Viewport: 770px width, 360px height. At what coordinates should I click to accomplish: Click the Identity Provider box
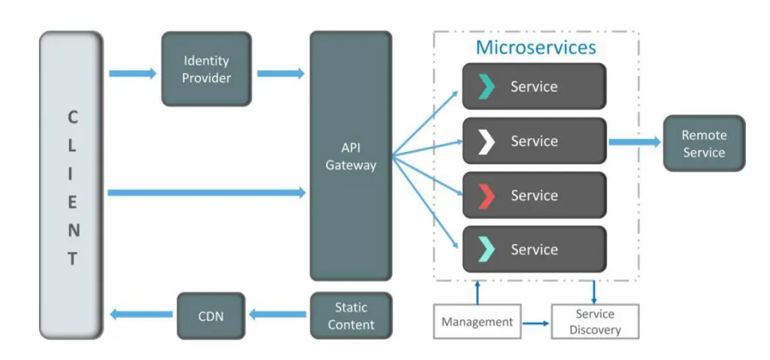[x=206, y=69]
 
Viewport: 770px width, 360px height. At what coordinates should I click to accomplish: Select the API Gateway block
[x=350, y=156]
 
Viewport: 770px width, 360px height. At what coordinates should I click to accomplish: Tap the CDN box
[x=210, y=317]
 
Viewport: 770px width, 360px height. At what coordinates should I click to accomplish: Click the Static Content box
[x=350, y=316]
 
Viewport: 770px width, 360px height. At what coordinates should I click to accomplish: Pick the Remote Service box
[x=703, y=143]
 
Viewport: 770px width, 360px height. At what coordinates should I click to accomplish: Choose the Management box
[x=477, y=322]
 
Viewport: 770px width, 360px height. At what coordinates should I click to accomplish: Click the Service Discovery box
[x=594, y=322]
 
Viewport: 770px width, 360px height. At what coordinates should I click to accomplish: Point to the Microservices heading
[x=536, y=48]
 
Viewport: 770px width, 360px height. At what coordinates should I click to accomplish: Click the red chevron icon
[x=486, y=195]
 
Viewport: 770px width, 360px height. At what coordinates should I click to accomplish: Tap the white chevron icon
[x=486, y=141]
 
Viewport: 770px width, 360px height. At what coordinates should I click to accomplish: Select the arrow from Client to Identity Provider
[x=132, y=73]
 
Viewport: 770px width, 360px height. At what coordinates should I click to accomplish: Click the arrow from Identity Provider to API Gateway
[x=281, y=73]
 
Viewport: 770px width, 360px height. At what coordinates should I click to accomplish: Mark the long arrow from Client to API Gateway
[x=206, y=192]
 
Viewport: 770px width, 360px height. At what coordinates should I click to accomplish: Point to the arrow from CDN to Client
[x=143, y=314]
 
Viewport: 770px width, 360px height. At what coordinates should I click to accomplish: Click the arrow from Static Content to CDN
[x=277, y=314]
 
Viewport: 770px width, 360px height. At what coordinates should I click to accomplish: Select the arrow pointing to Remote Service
[x=634, y=142]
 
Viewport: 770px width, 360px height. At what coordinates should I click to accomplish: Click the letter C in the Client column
[x=72, y=117]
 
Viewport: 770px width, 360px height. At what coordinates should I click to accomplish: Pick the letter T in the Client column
[x=72, y=259]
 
